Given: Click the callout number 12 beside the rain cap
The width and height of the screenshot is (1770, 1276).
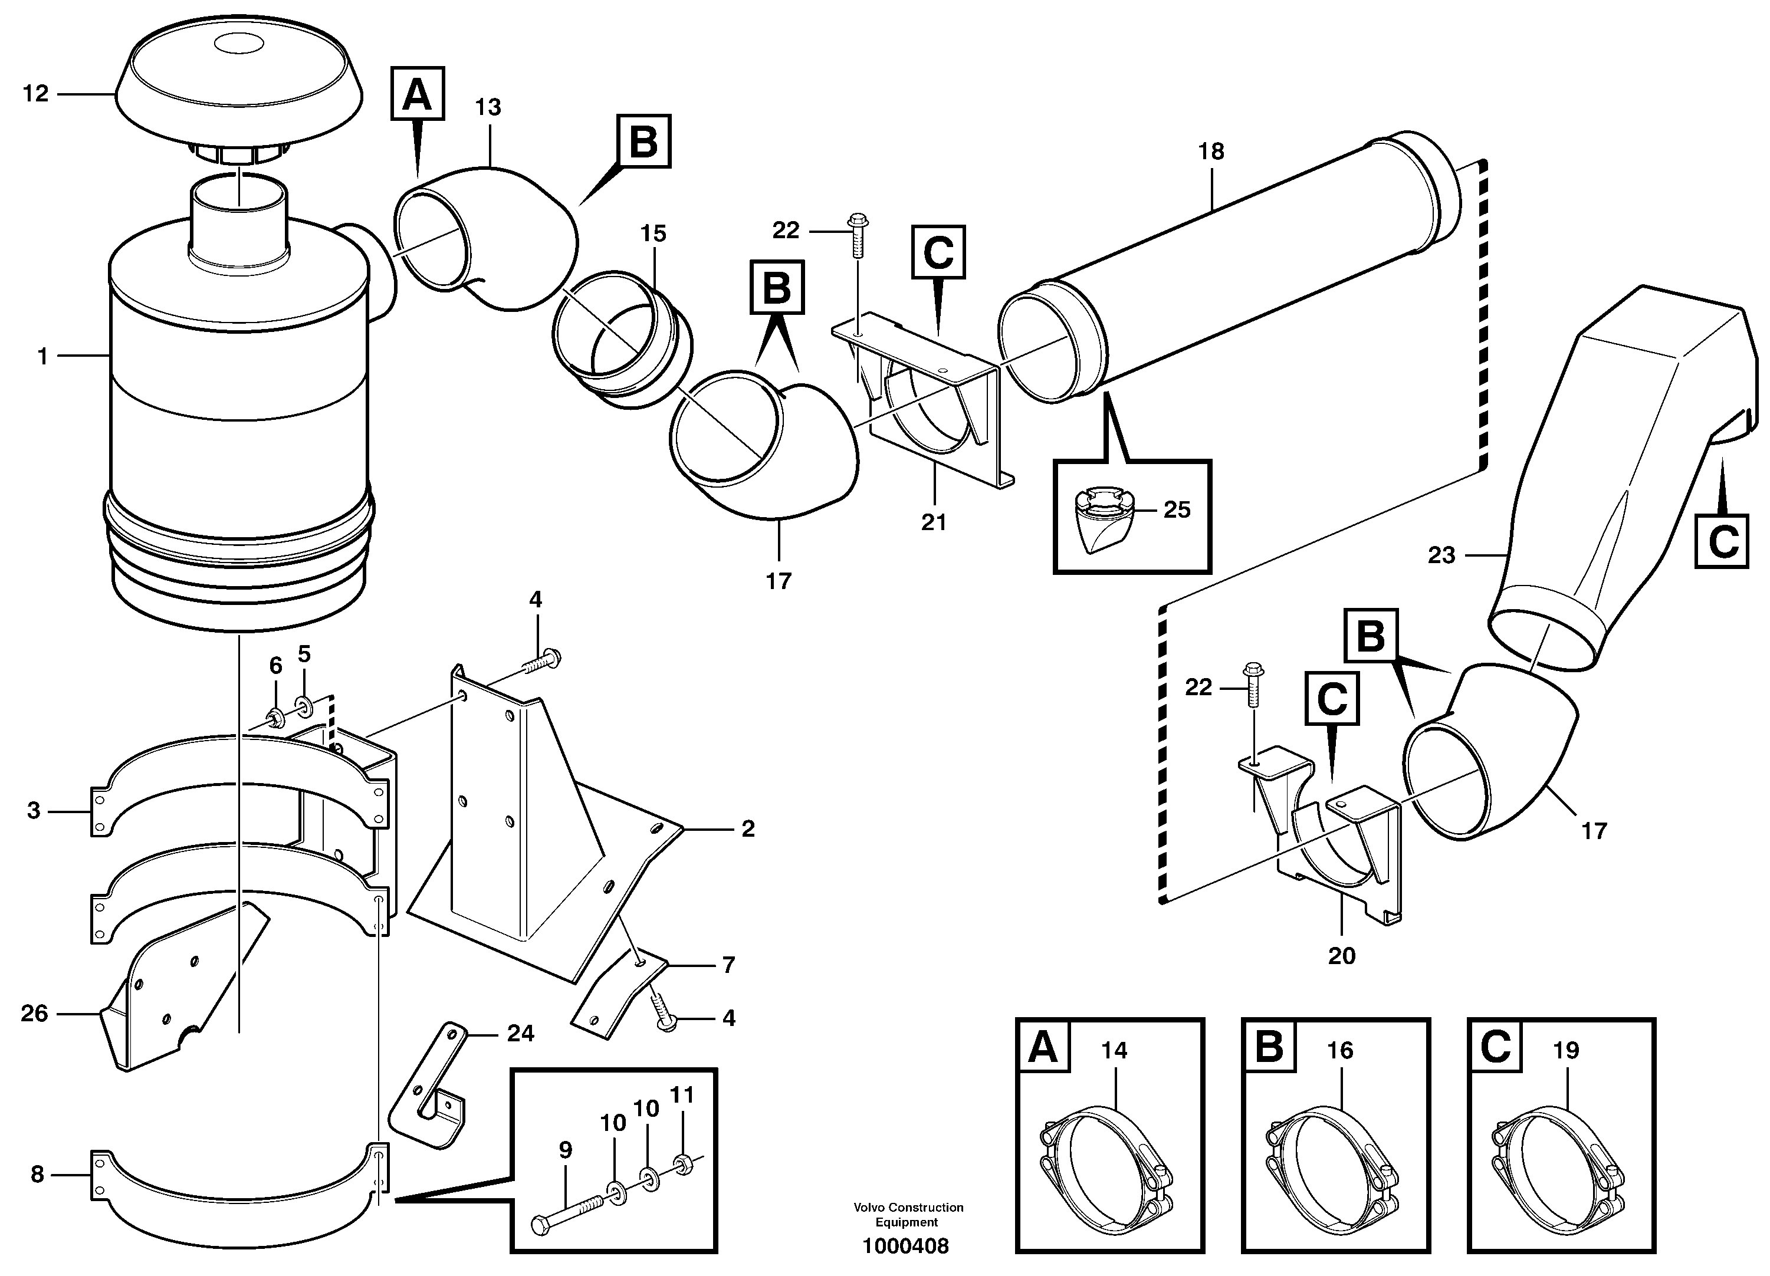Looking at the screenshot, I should (x=35, y=94).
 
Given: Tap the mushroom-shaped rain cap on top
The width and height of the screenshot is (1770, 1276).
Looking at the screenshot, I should (x=239, y=86).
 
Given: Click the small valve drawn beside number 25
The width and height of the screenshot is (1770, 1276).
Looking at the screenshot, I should (x=1101, y=523).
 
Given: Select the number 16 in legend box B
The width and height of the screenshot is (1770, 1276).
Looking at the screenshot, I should (x=1339, y=1050).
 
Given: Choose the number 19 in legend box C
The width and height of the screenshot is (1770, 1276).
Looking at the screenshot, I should (x=1565, y=1050).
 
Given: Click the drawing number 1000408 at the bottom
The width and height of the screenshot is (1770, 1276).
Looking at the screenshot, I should (x=905, y=1247).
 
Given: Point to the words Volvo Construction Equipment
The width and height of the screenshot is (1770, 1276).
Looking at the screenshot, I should (x=908, y=1214).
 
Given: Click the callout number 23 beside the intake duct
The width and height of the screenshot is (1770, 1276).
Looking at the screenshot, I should (x=1441, y=555).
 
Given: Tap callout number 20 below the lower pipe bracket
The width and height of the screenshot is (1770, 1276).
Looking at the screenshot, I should (x=1342, y=955).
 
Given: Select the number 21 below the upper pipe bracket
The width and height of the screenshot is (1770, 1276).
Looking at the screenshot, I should (x=934, y=522).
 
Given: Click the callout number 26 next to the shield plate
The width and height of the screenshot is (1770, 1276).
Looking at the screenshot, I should (x=34, y=1013).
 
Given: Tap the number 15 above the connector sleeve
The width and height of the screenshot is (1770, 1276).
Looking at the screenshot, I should (x=654, y=234).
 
